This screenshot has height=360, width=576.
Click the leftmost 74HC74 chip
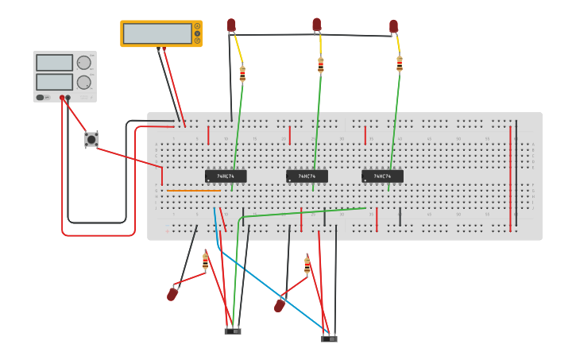(x=226, y=176)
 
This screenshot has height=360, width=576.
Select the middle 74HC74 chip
(x=307, y=176)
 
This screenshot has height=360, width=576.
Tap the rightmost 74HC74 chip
(x=382, y=176)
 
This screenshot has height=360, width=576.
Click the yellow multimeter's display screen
(x=157, y=33)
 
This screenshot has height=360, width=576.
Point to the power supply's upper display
(x=54, y=63)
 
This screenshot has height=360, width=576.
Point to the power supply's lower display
(x=54, y=81)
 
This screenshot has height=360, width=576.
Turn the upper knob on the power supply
(x=83, y=63)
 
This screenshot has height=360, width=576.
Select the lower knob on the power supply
(x=83, y=82)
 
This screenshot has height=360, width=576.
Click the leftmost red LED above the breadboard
(x=231, y=25)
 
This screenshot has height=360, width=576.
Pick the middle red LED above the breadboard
(x=317, y=25)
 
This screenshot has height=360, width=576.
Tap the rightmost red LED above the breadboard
(x=393, y=27)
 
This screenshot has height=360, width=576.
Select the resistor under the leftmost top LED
(x=242, y=74)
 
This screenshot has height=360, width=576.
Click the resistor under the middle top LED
(x=321, y=65)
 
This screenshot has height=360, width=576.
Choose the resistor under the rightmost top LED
(x=399, y=64)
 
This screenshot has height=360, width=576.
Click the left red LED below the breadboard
(x=172, y=294)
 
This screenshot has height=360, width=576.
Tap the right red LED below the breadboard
(x=280, y=305)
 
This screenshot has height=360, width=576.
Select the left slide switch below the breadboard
(x=233, y=331)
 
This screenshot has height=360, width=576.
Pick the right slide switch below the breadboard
(x=329, y=339)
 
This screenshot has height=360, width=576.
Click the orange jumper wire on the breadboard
(x=193, y=191)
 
